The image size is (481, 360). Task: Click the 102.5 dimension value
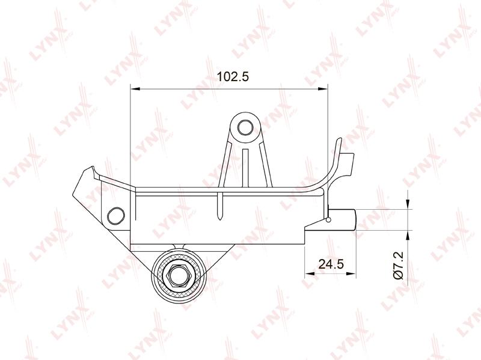[233, 77]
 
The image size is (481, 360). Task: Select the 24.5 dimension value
[331, 264]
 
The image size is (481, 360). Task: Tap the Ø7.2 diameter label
[399, 266]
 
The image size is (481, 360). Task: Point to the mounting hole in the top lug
[245, 127]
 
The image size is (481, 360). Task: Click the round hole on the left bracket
[116, 215]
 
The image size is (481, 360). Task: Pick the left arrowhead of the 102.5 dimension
[135, 89]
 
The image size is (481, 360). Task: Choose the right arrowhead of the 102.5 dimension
[323, 89]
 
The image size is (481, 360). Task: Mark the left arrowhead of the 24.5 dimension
[310, 273]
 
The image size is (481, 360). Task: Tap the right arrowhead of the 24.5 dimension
[351, 273]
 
